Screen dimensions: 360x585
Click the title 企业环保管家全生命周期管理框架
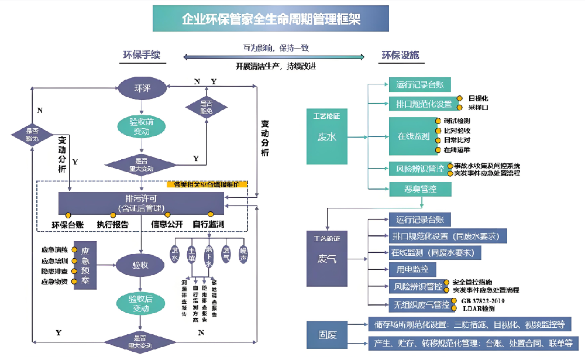coord(271,19)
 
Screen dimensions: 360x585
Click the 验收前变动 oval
coord(142,127)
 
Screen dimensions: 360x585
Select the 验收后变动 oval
coord(142,303)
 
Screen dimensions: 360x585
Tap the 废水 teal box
coord(326,136)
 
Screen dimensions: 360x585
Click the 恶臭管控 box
coord(420,189)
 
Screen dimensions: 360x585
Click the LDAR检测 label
coord(479,308)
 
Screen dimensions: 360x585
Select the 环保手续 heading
coord(141,56)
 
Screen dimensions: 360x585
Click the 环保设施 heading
coord(401,56)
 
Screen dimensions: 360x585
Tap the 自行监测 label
coord(209,224)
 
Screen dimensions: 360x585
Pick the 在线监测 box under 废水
coord(414,136)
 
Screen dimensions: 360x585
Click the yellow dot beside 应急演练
coord(74,250)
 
